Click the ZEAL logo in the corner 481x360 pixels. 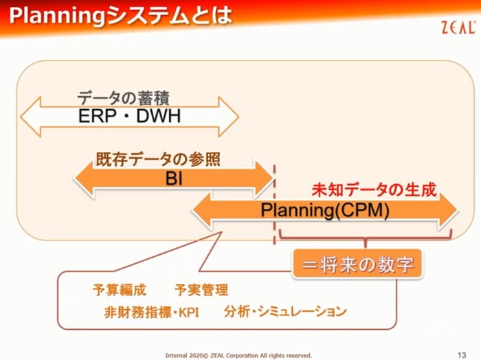[x=458, y=27]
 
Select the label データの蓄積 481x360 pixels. [x=123, y=98]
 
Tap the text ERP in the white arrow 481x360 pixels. [x=98, y=116]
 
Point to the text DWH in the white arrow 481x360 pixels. [x=159, y=116]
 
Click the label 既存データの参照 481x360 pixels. [x=158, y=159]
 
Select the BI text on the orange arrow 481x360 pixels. [x=174, y=178]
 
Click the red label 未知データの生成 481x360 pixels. [x=374, y=190]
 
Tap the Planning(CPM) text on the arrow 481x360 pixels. [x=325, y=210]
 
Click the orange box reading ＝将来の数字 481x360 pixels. [x=357, y=265]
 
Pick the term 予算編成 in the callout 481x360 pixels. [x=120, y=290]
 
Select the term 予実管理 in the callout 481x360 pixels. [x=201, y=290]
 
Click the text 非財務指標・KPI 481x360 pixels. [x=152, y=312]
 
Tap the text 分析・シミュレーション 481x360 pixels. [x=285, y=311]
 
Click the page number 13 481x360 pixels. [x=462, y=355]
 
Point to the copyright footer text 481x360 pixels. [x=238, y=355]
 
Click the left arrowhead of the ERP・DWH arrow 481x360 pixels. [x=30, y=117]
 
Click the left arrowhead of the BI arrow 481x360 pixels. [x=83, y=179]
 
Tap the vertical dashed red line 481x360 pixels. [x=274, y=205]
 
